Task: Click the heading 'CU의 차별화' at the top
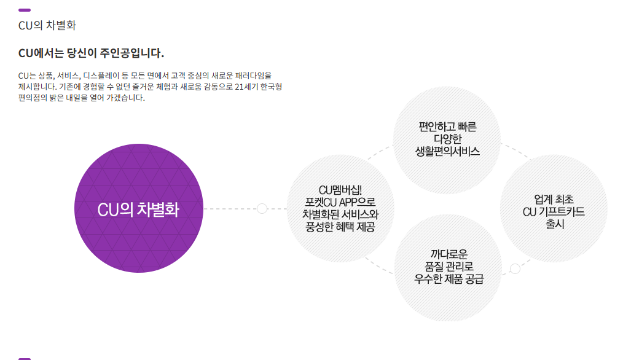(x=47, y=26)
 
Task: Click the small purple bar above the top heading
(x=25, y=10)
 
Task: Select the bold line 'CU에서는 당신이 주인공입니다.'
(x=92, y=53)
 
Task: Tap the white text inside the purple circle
(x=138, y=209)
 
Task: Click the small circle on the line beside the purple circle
(x=262, y=209)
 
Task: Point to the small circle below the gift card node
(x=515, y=268)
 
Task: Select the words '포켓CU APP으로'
(x=340, y=202)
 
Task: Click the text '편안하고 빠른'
(x=447, y=127)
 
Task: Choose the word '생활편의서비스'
(x=447, y=151)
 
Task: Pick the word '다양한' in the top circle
(x=447, y=139)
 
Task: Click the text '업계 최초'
(x=554, y=199)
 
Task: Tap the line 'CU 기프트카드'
(x=554, y=212)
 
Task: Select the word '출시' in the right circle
(x=554, y=224)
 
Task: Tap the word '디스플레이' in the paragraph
(x=103, y=75)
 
